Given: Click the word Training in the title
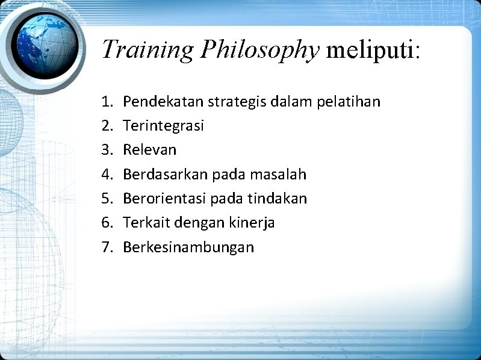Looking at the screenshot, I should (148, 49).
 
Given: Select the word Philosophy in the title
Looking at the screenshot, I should (259, 49).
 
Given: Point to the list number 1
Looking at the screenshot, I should (107, 102).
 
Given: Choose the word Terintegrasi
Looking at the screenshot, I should (163, 126).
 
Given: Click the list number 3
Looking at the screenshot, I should (107, 150).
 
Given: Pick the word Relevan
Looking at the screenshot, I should (149, 150).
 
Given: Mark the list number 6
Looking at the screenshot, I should (107, 223).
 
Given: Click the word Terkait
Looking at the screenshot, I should (146, 223).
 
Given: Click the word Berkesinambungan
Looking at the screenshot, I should (188, 247).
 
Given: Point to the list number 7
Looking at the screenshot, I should (107, 247).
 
